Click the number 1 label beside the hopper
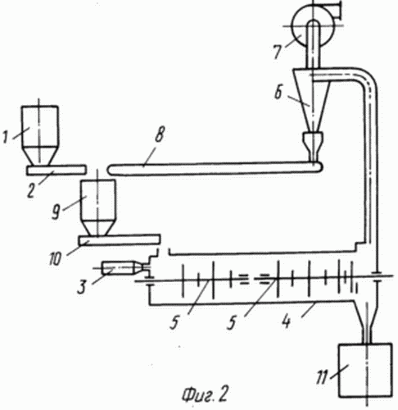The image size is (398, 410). coord(5,136)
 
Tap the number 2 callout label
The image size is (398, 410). coord(31,189)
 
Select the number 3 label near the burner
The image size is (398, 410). coord(82,286)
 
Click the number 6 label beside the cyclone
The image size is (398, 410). coord(278,92)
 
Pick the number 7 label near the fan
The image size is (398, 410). coord(278,51)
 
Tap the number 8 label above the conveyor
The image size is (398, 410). coord(161,134)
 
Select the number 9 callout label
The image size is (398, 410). coord(56,212)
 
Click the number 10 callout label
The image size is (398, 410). coord(56,258)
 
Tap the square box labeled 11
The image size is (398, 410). coord(365,370)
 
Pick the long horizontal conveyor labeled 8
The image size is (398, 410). coord(215,168)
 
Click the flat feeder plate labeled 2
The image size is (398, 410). coord(57,170)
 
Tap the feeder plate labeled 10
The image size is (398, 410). coord(119,240)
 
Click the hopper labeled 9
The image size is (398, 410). coord(97,207)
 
